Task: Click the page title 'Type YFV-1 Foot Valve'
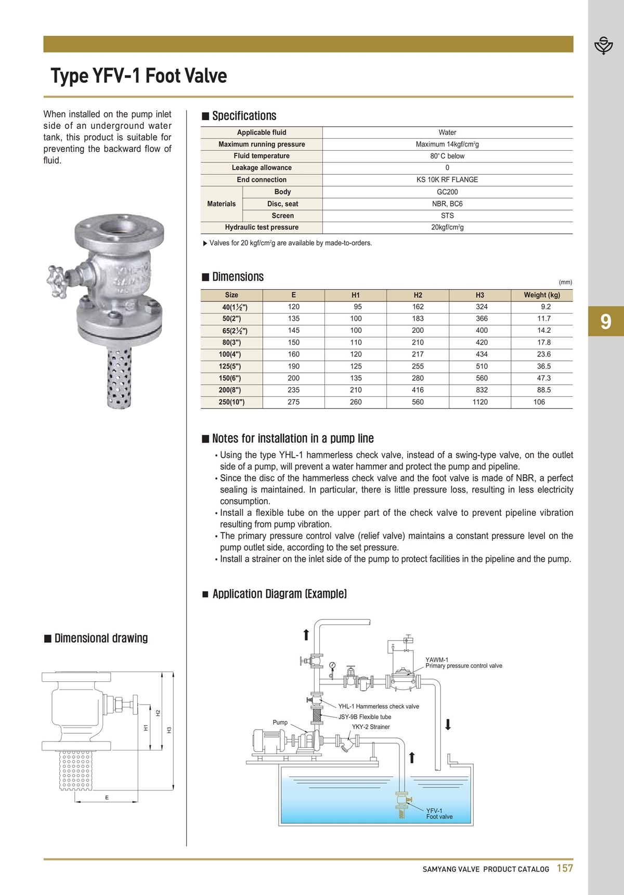point(139,76)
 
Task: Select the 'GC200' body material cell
point(447,192)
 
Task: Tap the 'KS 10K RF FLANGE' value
point(447,180)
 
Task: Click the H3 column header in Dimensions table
point(480,295)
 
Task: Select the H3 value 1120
point(480,402)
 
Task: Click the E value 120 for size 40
point(294,307)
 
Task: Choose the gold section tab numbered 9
point(606,322)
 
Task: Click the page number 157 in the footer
point(565,868)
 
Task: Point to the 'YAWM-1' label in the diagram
point(437,660)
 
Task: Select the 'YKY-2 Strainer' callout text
point(371,727)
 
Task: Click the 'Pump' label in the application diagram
point(280,722)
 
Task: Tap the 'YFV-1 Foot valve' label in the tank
point(439,814)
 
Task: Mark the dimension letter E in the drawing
point(107,798)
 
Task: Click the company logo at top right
point(604,46)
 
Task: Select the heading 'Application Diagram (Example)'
point(279,594)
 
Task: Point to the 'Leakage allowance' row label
point(262,168)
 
